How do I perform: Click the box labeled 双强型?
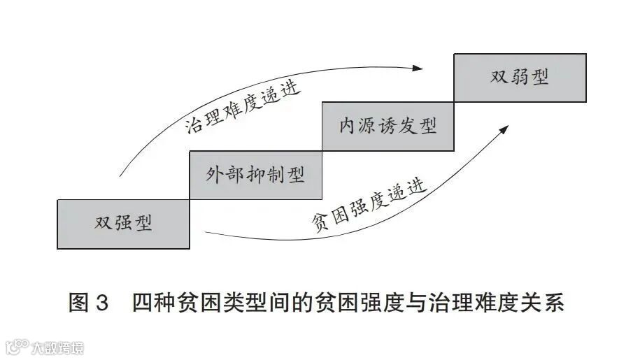point(123,224)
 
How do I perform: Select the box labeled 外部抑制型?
point(255,175)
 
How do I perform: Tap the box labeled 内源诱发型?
point(387,126)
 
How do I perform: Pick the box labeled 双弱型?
point(520,78)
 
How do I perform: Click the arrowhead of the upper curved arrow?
point(418,68)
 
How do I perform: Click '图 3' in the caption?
point(89,303)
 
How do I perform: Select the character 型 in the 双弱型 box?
point(539,78)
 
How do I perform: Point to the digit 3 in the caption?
point(102,303)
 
